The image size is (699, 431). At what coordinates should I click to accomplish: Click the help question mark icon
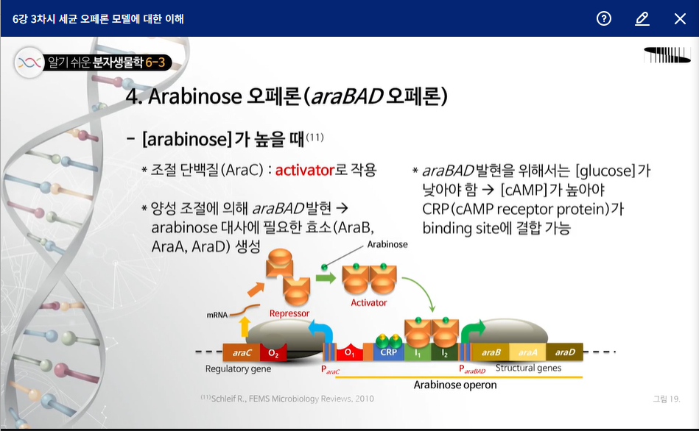(603, 18)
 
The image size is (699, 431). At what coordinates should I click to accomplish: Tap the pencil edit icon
(642, 18)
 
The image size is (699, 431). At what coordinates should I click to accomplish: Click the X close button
(680, 18)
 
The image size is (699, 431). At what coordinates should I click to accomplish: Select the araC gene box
(241, 352)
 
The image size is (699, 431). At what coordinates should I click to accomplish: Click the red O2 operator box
(273, 352)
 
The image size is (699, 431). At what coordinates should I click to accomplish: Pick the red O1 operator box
(349, 352)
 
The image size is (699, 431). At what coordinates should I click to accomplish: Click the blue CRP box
(388, 352)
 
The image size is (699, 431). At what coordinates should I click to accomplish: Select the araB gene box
(491, 352)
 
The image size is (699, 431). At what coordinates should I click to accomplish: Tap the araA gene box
(527, 352)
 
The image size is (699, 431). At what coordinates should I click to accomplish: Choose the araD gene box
(564, 352)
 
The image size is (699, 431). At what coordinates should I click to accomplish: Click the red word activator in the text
(304, 170)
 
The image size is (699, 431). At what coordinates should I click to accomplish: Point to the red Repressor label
(289, 313)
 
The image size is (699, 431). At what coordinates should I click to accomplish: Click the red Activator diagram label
(369, 303)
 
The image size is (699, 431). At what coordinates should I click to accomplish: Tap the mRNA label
(217, 315)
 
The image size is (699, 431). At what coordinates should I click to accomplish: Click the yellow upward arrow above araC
(245, 327)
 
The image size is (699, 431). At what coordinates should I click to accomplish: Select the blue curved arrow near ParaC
(322, 330)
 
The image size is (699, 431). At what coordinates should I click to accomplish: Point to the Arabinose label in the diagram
(387, 244)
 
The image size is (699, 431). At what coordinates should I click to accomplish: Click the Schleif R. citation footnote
(287, 399)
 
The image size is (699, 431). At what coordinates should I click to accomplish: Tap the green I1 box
(418, 352)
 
